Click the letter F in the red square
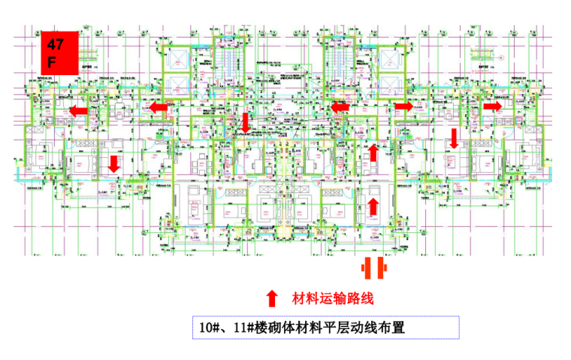50,62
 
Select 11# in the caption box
240,328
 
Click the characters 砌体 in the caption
282,328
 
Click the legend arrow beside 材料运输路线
272,298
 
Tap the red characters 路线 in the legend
359,298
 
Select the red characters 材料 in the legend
305,298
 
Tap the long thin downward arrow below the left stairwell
244,124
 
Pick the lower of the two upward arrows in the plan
373,204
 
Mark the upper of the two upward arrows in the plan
373,153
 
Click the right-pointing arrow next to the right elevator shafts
403,106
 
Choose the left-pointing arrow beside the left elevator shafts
158,107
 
